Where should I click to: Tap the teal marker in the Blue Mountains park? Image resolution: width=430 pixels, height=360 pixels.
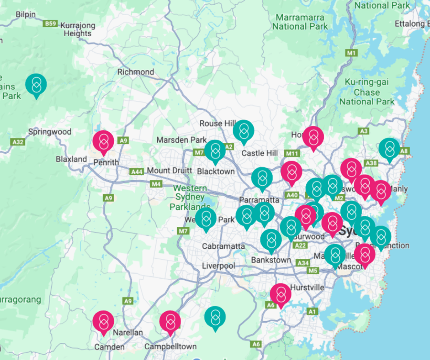point(36,85)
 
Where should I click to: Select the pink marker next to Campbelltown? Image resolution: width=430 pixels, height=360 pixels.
point(170,321)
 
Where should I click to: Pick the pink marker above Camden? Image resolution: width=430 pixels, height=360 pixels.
point(103,321)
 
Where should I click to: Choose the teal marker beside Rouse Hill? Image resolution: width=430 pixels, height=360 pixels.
point(244,130)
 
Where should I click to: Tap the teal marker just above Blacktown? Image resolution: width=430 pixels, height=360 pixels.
point(215,150)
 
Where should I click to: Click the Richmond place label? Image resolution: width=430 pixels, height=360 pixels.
point(136,72)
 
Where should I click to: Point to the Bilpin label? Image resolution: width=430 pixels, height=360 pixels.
point(25,14)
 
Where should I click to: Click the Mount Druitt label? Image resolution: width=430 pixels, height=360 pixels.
point(169,170)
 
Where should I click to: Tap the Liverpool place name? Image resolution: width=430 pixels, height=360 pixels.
point(218,265)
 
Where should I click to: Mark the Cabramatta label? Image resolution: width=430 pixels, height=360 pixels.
point(223,246)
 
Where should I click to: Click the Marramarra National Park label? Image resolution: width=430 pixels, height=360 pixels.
point(300,22)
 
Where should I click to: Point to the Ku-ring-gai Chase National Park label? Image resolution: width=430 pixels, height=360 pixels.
point(367,92)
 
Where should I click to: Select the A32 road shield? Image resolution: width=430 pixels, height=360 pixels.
point(18,142)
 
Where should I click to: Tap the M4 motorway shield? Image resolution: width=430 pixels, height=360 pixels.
point(156,184)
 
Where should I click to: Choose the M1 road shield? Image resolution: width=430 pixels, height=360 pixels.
point(352,53)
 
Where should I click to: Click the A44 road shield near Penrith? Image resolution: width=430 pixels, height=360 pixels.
point(137,171)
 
